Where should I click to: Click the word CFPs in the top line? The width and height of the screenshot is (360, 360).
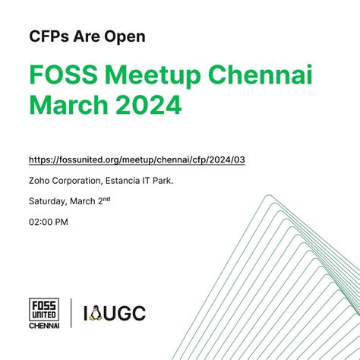[48, 36]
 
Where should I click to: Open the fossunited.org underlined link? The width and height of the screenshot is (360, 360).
[136, 160]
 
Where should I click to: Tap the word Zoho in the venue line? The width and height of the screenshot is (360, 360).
[39, 181]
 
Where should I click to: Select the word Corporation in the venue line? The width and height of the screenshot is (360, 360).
[81, 181]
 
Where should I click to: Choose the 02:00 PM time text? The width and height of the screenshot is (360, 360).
[49, 222]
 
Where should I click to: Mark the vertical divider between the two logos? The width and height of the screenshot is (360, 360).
[72, 312]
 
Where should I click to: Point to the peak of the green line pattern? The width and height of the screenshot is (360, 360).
[269, 196]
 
